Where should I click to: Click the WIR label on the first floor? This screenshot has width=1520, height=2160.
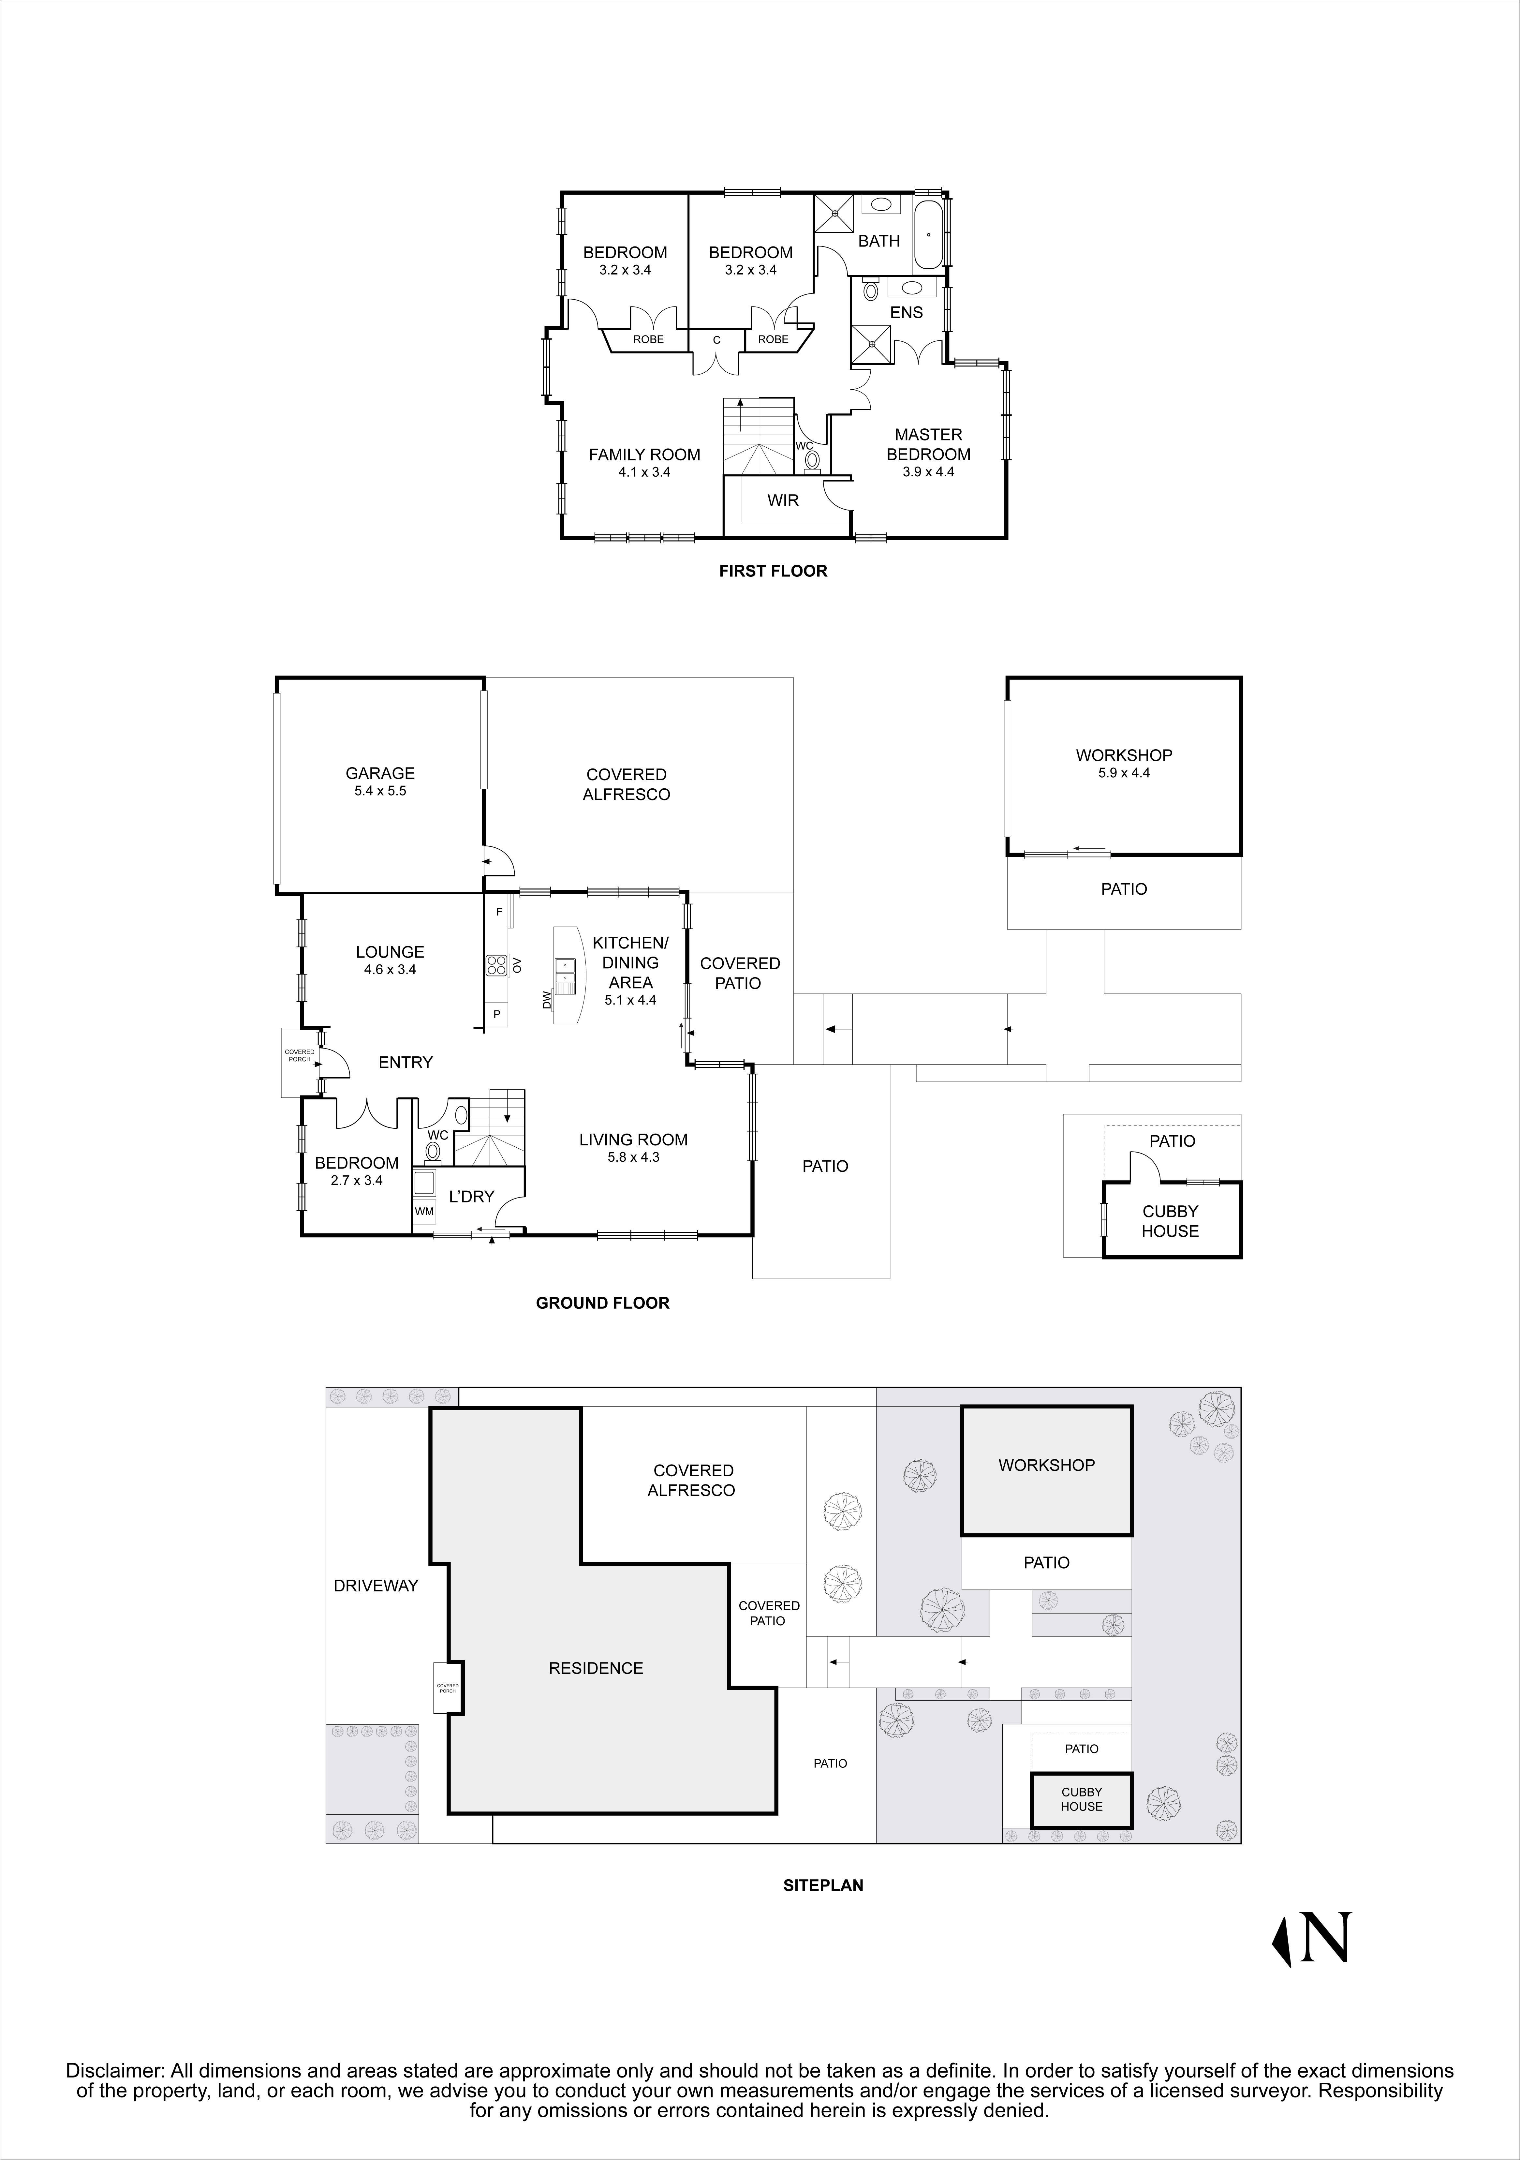click(783, 500)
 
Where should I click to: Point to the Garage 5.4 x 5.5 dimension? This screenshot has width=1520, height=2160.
click(380, 791)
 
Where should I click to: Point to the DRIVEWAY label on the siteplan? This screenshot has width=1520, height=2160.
click(375, 1586)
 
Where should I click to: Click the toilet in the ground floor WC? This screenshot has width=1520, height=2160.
click(433, 1150)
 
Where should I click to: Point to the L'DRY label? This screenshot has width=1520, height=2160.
click(471, 1197)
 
